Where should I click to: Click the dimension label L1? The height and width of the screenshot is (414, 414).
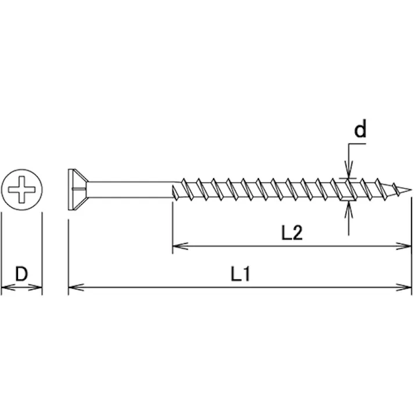[x=240, y=274]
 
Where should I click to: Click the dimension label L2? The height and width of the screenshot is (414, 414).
[x=291, y=233]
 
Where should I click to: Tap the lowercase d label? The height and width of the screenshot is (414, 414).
[x=361, y=129]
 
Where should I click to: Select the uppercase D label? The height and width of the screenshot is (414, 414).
[x=21, y=274]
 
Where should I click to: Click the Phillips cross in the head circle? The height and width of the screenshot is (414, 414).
[x=21, y=189]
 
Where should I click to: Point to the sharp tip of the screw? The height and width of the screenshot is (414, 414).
[x=411, y=189]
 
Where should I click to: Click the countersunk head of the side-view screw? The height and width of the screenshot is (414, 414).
[x=78, y=189]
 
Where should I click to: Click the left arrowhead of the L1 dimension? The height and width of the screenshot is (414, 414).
[x=76, y=287]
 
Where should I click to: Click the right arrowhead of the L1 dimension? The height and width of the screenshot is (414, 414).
[x=404, y=287]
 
